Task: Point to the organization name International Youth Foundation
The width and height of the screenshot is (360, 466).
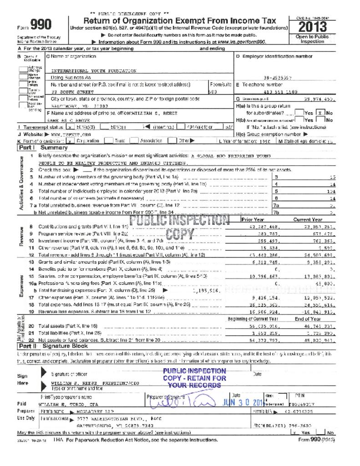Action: (x=94, y=71)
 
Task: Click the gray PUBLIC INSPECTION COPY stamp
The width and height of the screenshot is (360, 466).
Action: (x=180, y=227)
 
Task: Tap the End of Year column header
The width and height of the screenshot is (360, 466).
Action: (x=308, y=319)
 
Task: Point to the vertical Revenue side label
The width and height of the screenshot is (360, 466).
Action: (x=21, y=237)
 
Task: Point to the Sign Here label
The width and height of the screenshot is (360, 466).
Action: (x=22, y=380)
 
